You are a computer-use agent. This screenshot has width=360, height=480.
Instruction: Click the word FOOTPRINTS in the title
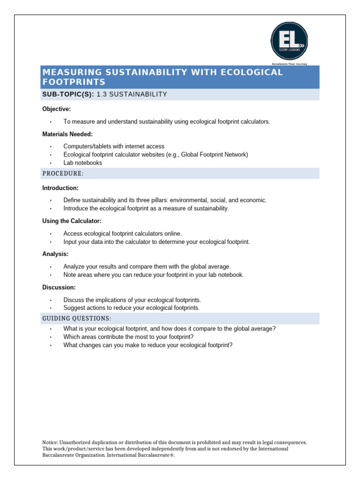(74, 82)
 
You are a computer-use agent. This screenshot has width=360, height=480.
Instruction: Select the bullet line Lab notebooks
(82, 163)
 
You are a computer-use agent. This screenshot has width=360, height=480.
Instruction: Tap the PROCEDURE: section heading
(63, 174)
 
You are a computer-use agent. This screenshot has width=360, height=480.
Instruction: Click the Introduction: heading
(60, 188)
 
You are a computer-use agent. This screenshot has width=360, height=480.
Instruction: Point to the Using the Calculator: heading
(72, 221)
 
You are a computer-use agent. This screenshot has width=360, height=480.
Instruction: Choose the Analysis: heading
(55, 254)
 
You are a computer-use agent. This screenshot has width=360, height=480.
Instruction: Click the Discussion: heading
(59, 287)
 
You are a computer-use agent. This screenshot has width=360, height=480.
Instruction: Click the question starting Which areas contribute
(128, 337)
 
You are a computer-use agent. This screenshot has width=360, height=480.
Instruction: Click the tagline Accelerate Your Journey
(289, 64)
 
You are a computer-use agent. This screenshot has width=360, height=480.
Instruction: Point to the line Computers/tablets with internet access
(114, 146)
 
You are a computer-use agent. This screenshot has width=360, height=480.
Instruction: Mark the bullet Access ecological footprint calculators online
(122, 233)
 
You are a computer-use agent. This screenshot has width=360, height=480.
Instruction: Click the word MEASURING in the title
(68, 72)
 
